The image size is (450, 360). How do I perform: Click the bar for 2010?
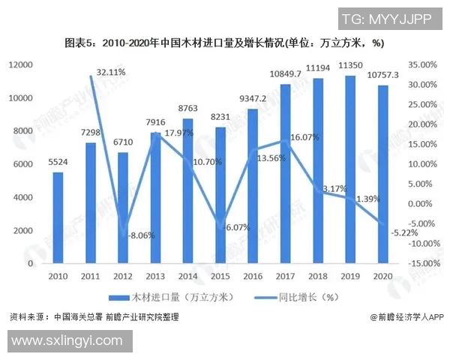(58, 218)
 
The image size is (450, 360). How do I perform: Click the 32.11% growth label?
(111, 72)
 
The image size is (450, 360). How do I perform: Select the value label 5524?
(58, 161)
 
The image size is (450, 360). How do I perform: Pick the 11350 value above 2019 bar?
(351, 65)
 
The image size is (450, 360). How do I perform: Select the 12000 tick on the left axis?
(21, 65)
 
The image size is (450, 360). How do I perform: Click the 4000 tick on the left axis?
(23, 197)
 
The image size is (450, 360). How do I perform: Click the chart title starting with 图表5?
(224, 43)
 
